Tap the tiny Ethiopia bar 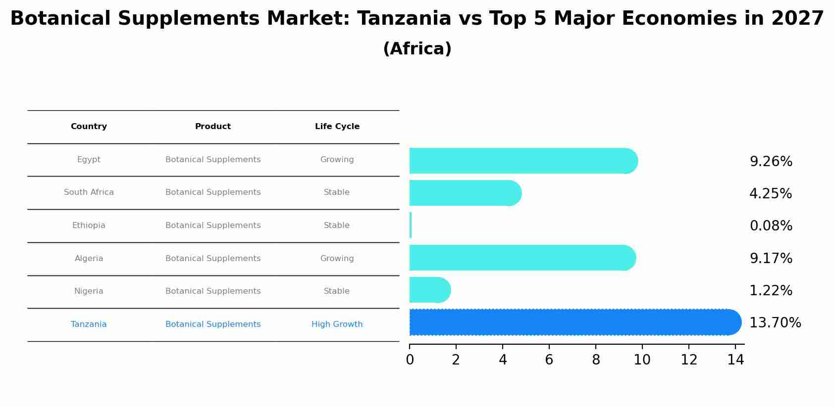click(x=411, y=226)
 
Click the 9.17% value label click(x=771, y=259)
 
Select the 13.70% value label click(x=775, y=323)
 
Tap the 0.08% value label click(x=771, y=226)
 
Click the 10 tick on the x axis click(x=642, y=360)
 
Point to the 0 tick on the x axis click(x=410, y=360)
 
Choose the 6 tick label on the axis click(x=549, y=360)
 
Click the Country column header click(x=89, y=127)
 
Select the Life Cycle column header click(x=337, y=127)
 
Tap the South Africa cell click(x=89, y=192)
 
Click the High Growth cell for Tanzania click(x=337, y=324)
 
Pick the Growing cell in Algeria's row click(x=337, y=259)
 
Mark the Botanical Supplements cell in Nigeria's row click(x=213, y=291)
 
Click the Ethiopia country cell click(x=89, y=226)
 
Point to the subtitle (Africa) click(x=417, y=49)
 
